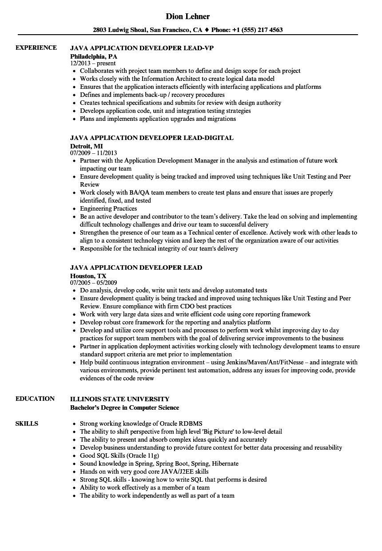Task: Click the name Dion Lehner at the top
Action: pos(188,16)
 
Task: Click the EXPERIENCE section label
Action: pos(36,48)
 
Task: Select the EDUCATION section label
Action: pos(35,399)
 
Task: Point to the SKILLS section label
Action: pos(27,423)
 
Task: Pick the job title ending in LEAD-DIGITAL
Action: pos(151,138)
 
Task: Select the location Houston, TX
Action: pos(88,275)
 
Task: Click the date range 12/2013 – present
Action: pos(93,64)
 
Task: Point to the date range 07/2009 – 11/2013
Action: pos(94,153)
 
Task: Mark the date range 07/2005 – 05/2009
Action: pos(94,283)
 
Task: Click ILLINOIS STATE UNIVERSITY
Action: pos(119,399)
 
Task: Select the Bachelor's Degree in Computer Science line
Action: pos(125,407)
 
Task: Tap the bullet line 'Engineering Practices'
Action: pos(108,208)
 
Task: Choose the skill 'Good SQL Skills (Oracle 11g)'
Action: pos(119,455)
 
